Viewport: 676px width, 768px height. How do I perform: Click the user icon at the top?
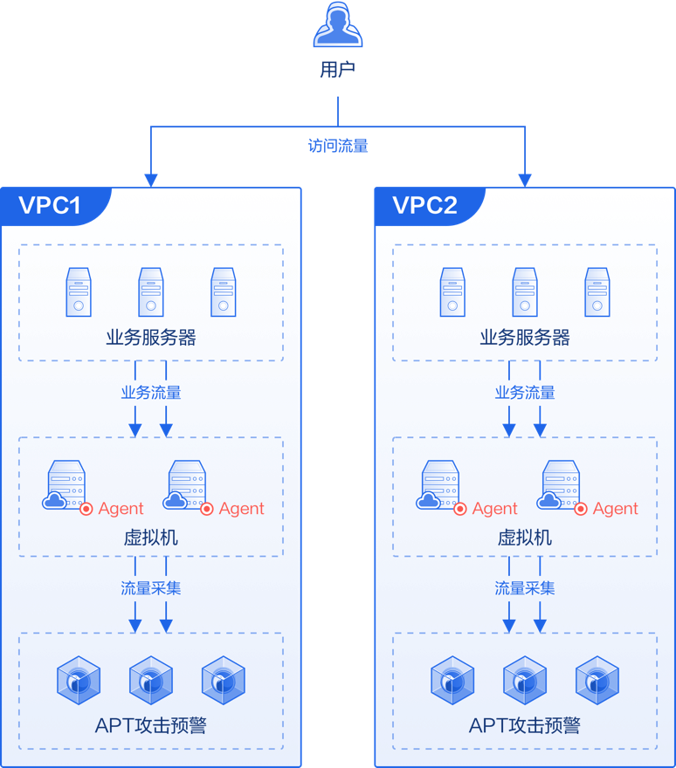(338, 24)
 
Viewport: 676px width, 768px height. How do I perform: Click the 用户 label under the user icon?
(338, 70)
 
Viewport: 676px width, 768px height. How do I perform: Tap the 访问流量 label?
(338, 146)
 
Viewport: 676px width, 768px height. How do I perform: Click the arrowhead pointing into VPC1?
(151, 181)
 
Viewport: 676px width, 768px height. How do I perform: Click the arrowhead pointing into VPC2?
(525, 181)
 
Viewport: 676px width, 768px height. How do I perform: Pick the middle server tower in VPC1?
(151, 291)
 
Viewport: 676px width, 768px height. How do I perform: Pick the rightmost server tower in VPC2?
(597, 291)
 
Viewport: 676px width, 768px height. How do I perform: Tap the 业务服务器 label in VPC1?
(151, 338)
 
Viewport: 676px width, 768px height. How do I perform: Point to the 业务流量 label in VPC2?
(525, 393)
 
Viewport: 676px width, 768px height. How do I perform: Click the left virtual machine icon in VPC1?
(65, 485)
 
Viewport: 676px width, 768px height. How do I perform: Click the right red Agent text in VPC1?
(242, 509)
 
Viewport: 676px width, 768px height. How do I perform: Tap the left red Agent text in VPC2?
(494, 509)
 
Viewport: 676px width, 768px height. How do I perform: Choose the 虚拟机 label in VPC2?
(525, 538)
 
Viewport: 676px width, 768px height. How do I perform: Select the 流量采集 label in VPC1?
(151, 587)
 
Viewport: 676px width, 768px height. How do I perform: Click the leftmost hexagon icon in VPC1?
(79, 681)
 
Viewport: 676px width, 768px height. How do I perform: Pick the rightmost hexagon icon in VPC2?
(597, 681)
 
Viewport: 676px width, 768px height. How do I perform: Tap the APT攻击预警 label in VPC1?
(151, 725)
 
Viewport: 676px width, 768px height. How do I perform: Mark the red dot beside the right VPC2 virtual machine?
(581, 510)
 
